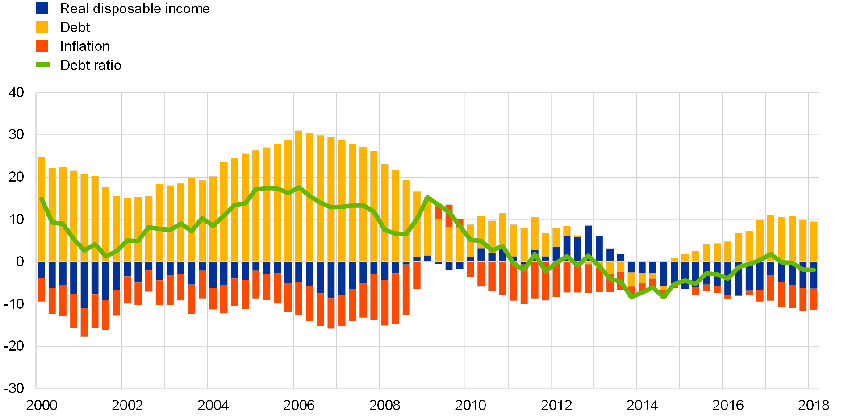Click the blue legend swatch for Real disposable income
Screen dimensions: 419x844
[42, 8]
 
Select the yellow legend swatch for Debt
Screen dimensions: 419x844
[42, 27]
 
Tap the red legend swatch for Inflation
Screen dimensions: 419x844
[42, 46]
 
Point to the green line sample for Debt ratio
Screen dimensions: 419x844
[43, 65]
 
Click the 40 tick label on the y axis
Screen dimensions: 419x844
[17, 92]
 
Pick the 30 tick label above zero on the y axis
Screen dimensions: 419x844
[17, 135]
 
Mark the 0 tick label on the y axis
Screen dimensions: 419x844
[20, 261]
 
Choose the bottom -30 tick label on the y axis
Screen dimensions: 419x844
[17, 388]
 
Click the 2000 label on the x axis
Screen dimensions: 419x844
[42, 405]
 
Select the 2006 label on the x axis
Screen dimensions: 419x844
[299, 405]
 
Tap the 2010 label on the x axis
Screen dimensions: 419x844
[470, 405]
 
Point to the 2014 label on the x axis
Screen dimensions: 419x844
[642, 405]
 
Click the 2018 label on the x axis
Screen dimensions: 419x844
[813, 405]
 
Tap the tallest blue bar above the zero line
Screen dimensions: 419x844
[588, 244]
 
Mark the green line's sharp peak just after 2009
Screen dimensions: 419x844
[427, 197]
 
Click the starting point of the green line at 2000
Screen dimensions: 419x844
[42, 199]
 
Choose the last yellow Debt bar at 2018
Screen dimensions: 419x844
[814, 241]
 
